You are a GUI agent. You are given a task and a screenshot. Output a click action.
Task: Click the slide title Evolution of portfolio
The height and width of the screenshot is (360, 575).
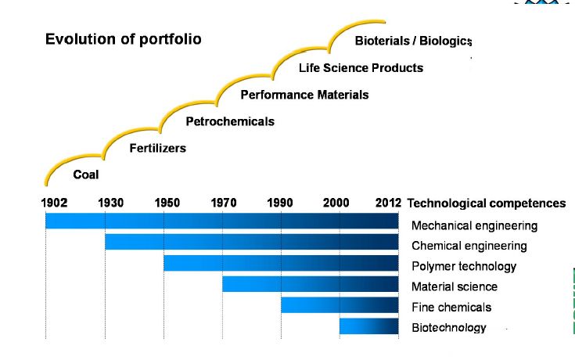(x=123, y=39)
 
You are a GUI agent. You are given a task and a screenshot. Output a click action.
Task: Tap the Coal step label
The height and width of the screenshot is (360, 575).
(x=86, y=175)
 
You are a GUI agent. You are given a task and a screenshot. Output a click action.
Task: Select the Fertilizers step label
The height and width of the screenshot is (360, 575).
(x=157, y=148)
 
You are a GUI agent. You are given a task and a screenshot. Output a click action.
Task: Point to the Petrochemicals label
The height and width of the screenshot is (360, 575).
(x=230, y=121)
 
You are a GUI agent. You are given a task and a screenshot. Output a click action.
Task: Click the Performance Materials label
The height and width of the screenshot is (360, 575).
(x=304, y=95)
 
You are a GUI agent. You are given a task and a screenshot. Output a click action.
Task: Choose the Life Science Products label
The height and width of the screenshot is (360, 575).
(x=361, y=68)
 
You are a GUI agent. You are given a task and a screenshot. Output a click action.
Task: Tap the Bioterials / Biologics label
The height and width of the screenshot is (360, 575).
(x=413, y=41)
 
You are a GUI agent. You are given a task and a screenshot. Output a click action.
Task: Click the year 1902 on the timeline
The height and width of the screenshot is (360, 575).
(x=54, y=203)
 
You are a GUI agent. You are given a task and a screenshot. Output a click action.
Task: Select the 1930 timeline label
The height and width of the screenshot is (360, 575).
(x=110, y=203)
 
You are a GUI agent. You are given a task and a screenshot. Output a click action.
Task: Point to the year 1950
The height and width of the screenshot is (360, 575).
(x=167, y=203)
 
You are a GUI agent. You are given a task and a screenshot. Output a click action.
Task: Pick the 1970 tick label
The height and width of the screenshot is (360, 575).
(x=224, y=203)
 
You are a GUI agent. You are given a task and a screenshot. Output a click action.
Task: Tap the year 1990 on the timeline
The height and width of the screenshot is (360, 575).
(x=280, y=203)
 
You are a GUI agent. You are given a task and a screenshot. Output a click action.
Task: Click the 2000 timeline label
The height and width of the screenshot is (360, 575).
(x=336, y=203)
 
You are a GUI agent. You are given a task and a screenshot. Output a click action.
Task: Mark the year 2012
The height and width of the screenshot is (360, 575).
(x=388, y=203)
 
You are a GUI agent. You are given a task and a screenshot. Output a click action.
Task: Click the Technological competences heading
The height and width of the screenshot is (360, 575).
(x=486, y=203)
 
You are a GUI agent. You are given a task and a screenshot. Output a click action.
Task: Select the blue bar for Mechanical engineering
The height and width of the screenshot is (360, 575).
(x=221, y=221)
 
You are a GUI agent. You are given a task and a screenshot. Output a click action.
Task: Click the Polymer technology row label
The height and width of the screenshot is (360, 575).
(x=464, y=266)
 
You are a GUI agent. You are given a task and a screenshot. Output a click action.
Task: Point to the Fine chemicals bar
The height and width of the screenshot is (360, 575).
(x=340, y=305)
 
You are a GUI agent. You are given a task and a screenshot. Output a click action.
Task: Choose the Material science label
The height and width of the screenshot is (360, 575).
(x=455, y=286)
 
